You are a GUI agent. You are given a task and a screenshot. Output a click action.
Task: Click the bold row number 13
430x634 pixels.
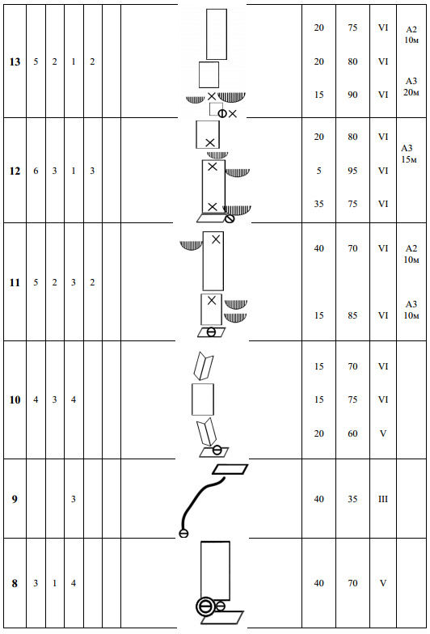pyautogui.click(x=15, y=61)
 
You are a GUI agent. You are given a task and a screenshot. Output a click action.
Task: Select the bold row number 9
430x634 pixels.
pyautogui.click(x=15, y=500)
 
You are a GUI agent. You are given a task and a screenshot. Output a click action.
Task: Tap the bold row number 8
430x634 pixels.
pyautogui.click(x=15, y=584)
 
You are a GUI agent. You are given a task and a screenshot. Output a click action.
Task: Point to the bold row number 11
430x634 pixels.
pyautogui.click(x=15, y=282)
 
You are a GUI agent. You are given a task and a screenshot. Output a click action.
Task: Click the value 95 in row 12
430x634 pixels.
pyautogui.click(x=352, y=171)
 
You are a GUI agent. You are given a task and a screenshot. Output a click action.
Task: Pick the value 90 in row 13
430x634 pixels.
pyautogui.click(x=352, y=95)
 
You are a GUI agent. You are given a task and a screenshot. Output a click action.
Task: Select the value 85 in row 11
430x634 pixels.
pyautogui.click(x=352, y=315)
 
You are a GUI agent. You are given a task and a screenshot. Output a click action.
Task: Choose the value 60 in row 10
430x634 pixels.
pyautogui.click(x=352, y=433)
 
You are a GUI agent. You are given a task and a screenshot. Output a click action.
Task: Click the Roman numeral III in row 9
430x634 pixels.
pyautogui.click(x=383, y=499)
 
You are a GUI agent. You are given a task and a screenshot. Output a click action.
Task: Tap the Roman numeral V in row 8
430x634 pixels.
pyautogui.click(x=383, y=583)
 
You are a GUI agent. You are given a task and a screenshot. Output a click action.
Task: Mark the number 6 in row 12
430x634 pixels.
pyautogui.click(x=36, y=171)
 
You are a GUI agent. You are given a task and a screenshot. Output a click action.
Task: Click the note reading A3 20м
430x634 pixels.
pyautogui.click(x=411, y=87)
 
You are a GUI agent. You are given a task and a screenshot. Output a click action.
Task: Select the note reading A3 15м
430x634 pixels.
pyautogui.click(x=409, y=154)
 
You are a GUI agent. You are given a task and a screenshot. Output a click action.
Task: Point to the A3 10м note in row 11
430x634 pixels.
pyautogui.click(x=411, y=310)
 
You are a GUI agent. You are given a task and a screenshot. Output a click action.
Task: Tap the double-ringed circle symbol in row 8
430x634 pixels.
pyautogui.click(x=205, y=607)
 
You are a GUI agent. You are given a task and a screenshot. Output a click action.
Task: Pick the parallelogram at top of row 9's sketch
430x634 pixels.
pyautogui.click(x=230, y=469)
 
